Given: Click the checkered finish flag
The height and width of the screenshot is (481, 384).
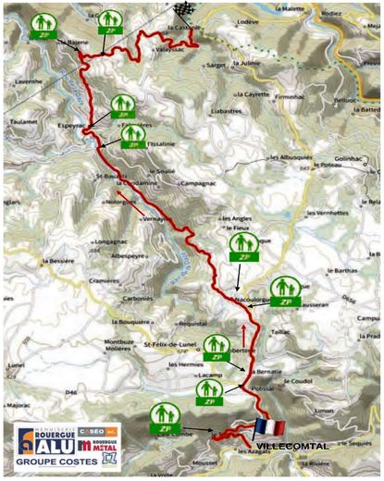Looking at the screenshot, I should tap(181, 11).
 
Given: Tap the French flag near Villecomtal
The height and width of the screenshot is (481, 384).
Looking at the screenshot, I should tap(267, 426).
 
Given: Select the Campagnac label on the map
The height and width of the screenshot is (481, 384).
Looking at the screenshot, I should tap(200, 185).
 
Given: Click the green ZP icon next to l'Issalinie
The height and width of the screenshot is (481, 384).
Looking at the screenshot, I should tap(135, 137).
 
